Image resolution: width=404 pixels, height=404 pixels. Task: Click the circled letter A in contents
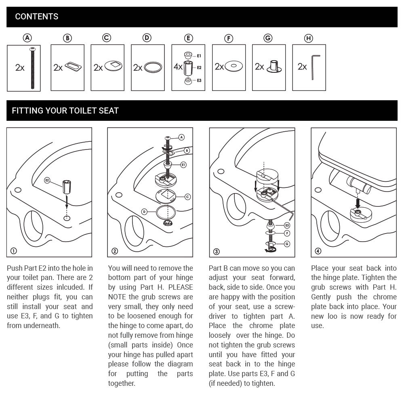[x=27, y=38]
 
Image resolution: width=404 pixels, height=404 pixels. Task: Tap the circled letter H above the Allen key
[x=309, y=38]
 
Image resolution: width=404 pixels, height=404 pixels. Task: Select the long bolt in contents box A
[x=32, y=68]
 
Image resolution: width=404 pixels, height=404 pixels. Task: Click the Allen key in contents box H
[x=315, y=67]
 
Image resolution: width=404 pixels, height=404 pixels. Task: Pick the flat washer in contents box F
[x=234, y=66]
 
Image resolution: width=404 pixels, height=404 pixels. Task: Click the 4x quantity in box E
[x=178, y=67]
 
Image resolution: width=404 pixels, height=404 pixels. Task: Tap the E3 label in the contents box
[x=199, y=81]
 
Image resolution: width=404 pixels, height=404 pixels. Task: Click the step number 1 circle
[x=14, y=251]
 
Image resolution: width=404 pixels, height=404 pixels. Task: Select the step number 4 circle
[x=318, y=251]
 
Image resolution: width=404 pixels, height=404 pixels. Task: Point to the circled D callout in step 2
[x=144, y=211]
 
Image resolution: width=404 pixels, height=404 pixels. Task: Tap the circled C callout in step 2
[x=187, y=197]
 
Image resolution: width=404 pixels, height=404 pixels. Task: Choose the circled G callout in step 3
[x=287, y=244]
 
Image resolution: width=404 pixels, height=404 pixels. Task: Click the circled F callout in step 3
[x=287, y=233]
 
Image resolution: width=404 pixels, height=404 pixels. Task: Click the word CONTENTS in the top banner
[x=36, y=17]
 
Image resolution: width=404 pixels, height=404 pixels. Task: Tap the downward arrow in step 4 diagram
[x=357, y=201]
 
